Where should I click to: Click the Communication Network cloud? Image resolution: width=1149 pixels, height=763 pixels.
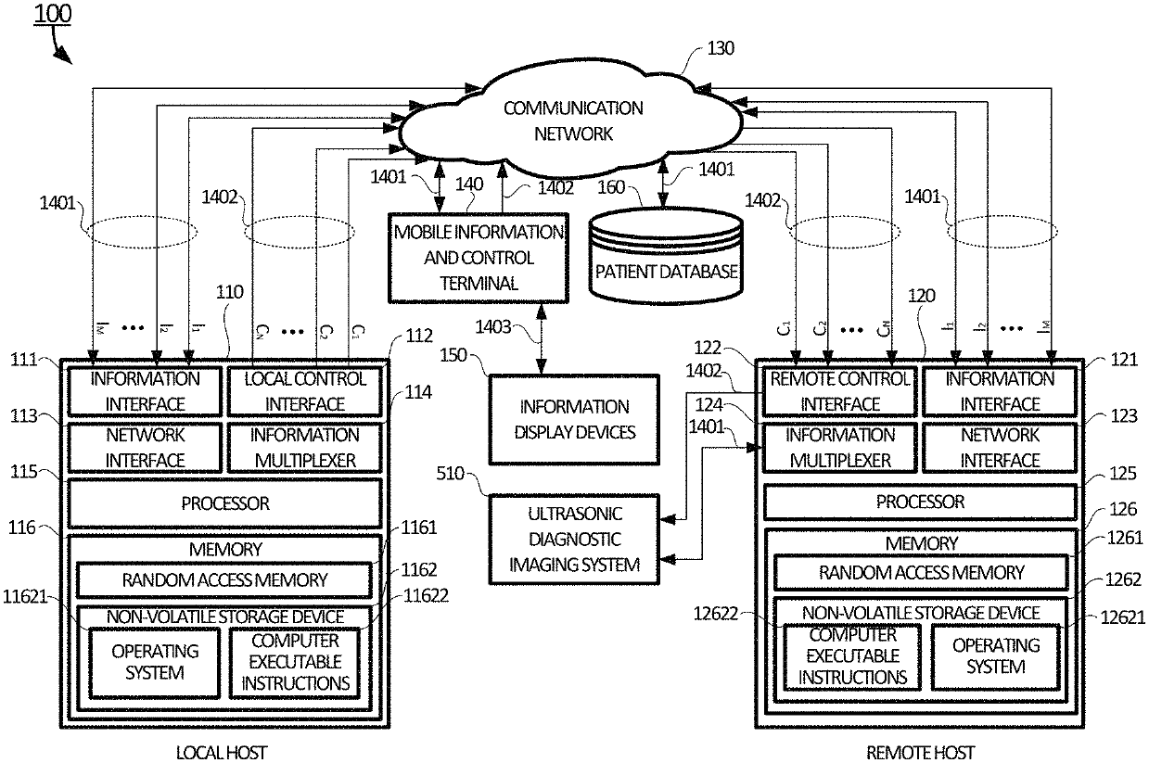coord(572,121)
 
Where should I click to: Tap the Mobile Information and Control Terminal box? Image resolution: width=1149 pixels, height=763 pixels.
coord(479,258)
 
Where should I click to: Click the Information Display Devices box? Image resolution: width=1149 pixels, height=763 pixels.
coord(573,419)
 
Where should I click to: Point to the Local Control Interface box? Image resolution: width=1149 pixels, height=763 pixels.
coord(304,391)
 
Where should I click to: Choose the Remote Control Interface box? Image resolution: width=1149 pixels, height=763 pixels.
coord(839,391)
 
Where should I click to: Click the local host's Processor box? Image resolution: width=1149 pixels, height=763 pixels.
coord(224,503)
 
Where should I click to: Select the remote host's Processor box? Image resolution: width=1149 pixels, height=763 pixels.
coord(920,502)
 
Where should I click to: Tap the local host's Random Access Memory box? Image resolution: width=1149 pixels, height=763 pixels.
coord(224,580)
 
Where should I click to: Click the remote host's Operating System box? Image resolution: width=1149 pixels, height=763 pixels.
coord(995,656)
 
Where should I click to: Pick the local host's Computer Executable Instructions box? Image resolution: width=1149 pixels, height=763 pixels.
coord(295,662)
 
